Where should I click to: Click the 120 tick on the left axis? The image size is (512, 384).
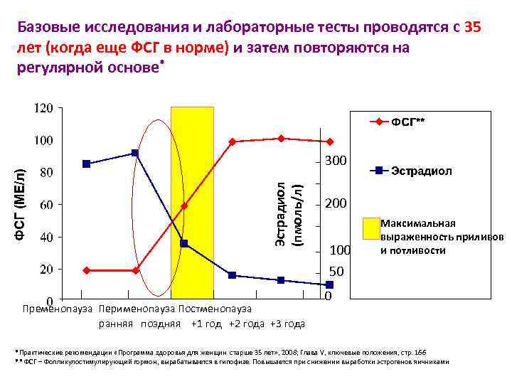pyautogui.click(x=44, y=108)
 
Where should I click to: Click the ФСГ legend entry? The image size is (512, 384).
pyautogui.click(x=408, y=122)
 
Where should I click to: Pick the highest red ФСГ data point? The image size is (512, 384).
pyautogui.click(x=282, y=139)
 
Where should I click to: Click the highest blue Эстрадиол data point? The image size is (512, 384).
pyautogui.click(x=135, y=153)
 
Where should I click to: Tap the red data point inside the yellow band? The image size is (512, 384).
pyautogui.click(x=184, y=206)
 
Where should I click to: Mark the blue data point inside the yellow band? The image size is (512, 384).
pyautogui.click(x=184, y=243)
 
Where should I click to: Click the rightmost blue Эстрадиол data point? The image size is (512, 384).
pyautogui.click(x=329, y=284)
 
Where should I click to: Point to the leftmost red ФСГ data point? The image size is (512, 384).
pyautogui.click(x=86, y=270)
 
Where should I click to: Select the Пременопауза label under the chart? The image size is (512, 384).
pyautogui.click(x=58, y=309)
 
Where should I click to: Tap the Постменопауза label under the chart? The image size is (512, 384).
pyautogui.click(x=215, y=309)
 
